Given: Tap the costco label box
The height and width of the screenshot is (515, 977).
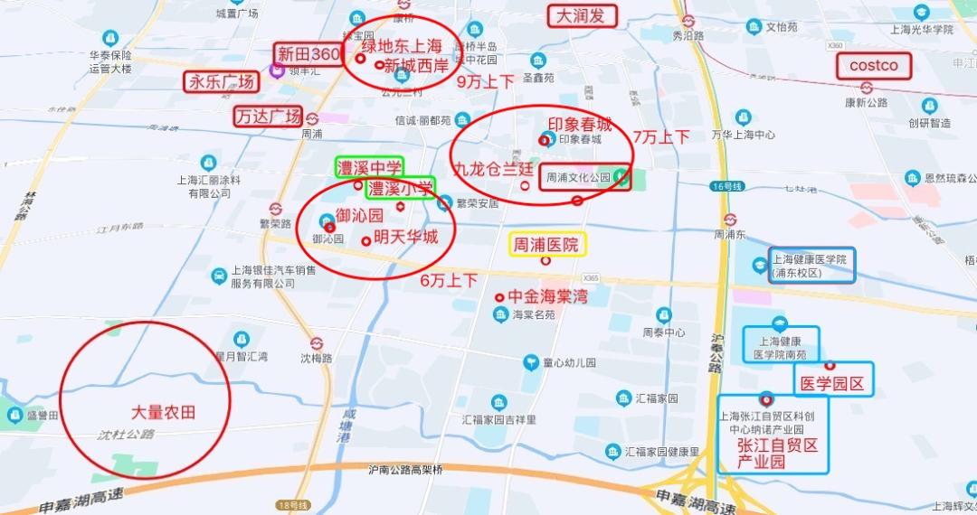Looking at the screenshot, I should click(874, 66).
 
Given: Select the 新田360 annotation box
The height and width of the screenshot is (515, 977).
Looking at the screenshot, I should click(308, 54).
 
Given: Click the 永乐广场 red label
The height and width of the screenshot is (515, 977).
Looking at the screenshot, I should click(221, 81).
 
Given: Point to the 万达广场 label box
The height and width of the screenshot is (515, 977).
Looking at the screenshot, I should click(267, 117).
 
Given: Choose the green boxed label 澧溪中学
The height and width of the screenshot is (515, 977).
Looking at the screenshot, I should click(369, 167).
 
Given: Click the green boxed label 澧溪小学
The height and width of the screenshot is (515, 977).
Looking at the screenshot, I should click(399, 189).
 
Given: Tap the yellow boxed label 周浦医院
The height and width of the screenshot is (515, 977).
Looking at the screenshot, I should click(546, 244).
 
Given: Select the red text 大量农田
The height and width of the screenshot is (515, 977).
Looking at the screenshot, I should click(164, 412).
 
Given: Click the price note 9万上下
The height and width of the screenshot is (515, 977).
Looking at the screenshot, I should click(485, 81).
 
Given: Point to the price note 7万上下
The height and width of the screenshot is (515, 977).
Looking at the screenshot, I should click(661, 137).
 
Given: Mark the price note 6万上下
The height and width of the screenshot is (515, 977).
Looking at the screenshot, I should click(449, 280).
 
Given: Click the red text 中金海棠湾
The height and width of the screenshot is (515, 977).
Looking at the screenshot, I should click(547, 296).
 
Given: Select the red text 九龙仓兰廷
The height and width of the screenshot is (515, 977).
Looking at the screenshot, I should click(494, 169).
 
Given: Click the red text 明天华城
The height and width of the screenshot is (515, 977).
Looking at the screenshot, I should click(405, 238).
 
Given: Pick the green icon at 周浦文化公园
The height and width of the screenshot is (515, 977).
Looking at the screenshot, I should click(621, 177).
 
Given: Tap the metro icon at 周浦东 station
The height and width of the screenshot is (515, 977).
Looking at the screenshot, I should click(730, 219).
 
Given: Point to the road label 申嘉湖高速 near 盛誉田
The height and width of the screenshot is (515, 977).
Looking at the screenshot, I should click(81, 500).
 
